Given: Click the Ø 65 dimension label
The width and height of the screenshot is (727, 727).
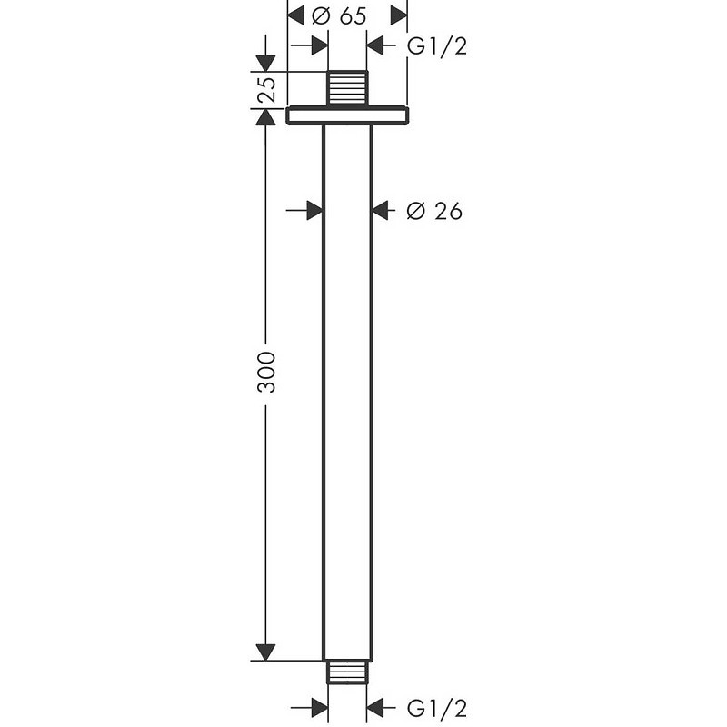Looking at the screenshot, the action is click(x=339, y=16).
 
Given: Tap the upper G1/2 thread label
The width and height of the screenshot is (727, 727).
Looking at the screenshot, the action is click(x=437, y=46).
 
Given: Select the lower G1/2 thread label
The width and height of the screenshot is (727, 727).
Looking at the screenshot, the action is click(x=437, y=708).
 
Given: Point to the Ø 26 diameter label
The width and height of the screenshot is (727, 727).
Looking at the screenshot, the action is click(x=434, y=211).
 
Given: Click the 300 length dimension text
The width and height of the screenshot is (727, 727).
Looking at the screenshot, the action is click(x=266, y=373).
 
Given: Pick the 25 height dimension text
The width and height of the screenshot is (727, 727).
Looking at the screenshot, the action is click(x=266, y=89).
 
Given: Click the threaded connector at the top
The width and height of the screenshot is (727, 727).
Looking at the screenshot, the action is click(x=347, y=88).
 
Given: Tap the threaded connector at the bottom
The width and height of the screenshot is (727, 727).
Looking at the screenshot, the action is click(x=347, y=672).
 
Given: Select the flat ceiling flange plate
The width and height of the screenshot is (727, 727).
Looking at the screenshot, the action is click(x=347, y=115).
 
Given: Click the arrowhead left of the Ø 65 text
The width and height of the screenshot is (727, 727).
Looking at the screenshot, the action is click(x=296, y=15).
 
